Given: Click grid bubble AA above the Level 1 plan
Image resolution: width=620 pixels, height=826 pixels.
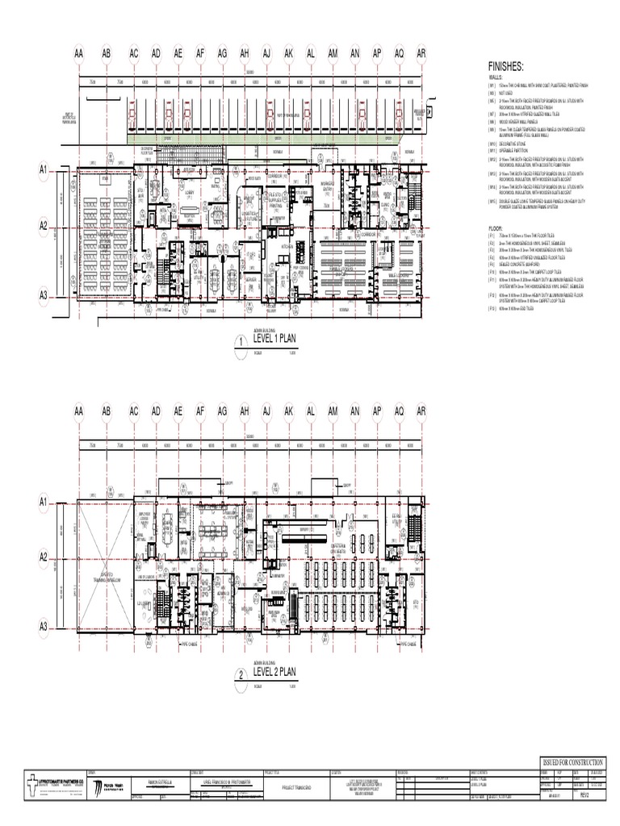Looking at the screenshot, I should (79, 54).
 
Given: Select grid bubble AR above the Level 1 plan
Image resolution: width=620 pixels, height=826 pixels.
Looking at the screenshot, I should (421, 54).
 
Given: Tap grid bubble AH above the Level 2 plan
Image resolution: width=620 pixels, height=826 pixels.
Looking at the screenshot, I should (244, 412).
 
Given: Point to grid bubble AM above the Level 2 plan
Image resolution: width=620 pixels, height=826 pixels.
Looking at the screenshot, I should (332, 412).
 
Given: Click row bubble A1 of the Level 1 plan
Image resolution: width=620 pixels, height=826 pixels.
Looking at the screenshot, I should (45, 170).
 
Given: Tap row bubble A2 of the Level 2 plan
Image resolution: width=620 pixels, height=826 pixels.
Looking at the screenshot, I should (45, 557).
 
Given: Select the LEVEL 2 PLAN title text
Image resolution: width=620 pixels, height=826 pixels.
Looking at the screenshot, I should (274, 671).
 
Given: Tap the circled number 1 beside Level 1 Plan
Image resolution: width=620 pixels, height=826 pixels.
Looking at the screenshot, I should (240, 344).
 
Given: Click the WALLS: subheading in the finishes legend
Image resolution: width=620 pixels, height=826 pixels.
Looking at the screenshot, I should (495, 79).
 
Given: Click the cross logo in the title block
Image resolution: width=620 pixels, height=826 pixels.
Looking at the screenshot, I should (30, 785).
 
